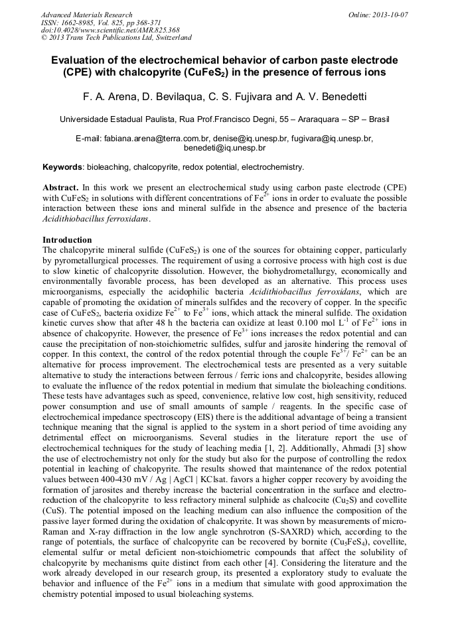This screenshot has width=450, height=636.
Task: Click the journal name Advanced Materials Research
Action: pyautogui.click(x=86, y=15)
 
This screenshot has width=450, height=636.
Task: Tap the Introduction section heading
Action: pyautogui.click(x=67, y=239)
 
